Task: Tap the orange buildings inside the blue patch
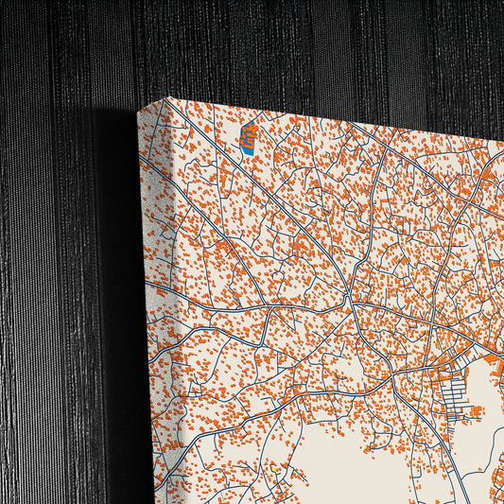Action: pos(250,132)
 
